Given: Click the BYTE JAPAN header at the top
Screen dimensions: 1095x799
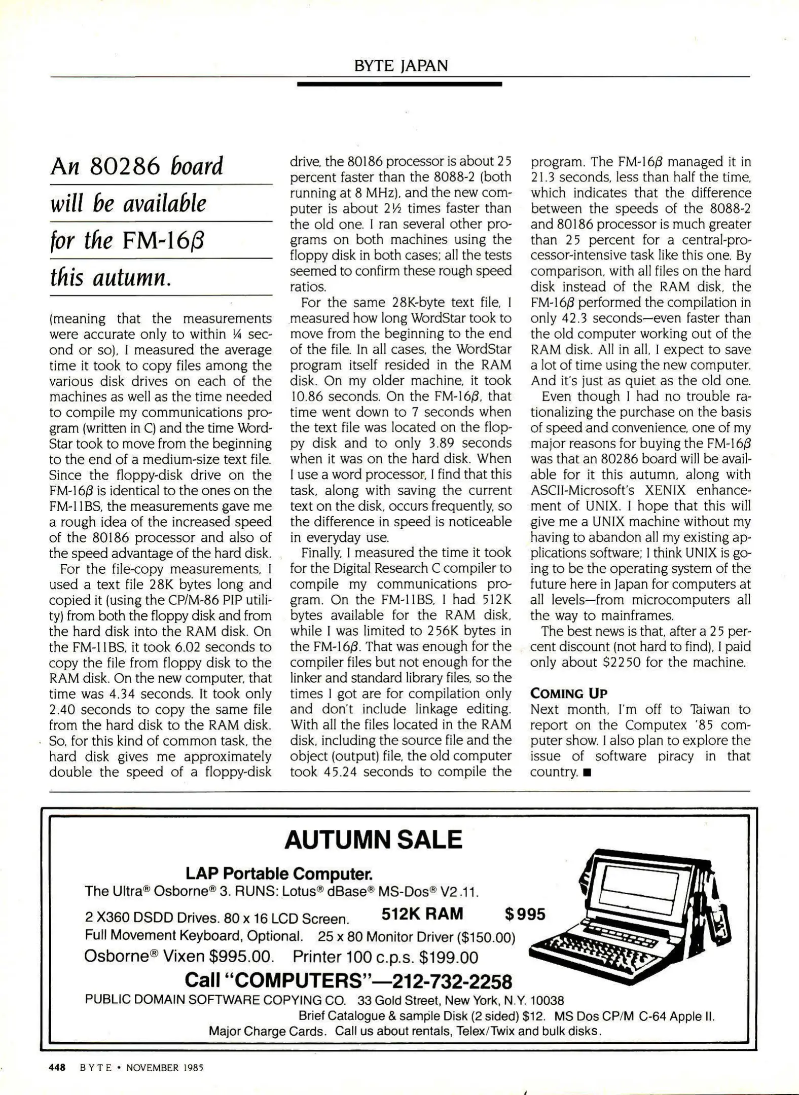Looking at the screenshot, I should (x=401, y=66).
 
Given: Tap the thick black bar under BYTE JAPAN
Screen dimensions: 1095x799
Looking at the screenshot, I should (x=399, y=84).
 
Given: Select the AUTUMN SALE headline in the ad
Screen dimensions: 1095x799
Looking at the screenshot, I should (x=373, y=840).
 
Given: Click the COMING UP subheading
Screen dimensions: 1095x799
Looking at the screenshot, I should (x=568, y=693).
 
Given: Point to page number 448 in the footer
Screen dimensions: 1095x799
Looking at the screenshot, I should (x=57, y=1068).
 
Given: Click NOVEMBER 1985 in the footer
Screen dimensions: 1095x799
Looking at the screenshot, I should (x=165, y=1068).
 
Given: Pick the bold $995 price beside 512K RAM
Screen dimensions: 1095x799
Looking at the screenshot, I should (x=525, y=914).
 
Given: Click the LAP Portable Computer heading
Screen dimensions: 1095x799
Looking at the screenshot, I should (x=279, y=873).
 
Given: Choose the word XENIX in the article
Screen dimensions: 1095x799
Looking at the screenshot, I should (x=665, y=490).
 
